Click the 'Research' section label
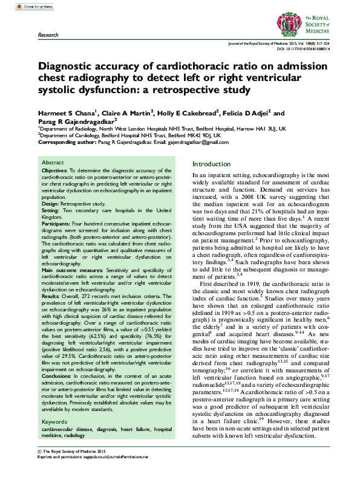pyautogui.click(x=48, y=36)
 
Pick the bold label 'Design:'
pyautogui.click(x=51, y=204)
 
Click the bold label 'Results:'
pyautogui.click(x=52, y=296)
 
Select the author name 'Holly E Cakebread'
pyautogui.click(x=182, y=113)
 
